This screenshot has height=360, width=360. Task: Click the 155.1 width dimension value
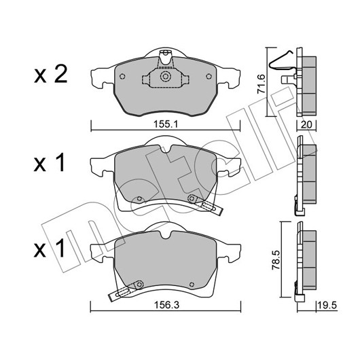(x=166, y=124)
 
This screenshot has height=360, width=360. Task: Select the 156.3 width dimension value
(x=166, y=305)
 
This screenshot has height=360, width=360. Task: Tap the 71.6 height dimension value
(x=262, y=84)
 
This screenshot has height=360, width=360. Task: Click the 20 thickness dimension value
(x=306, y=125)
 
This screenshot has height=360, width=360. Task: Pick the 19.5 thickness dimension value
(x=327, y=306)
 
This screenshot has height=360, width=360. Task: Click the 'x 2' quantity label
(x=51, y=74)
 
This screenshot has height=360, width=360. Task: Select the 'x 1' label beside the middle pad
(x=50, y=163)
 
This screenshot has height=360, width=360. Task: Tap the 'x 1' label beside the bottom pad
(x=50, y=249)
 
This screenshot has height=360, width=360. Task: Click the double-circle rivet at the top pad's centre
(x=164, y=77)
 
